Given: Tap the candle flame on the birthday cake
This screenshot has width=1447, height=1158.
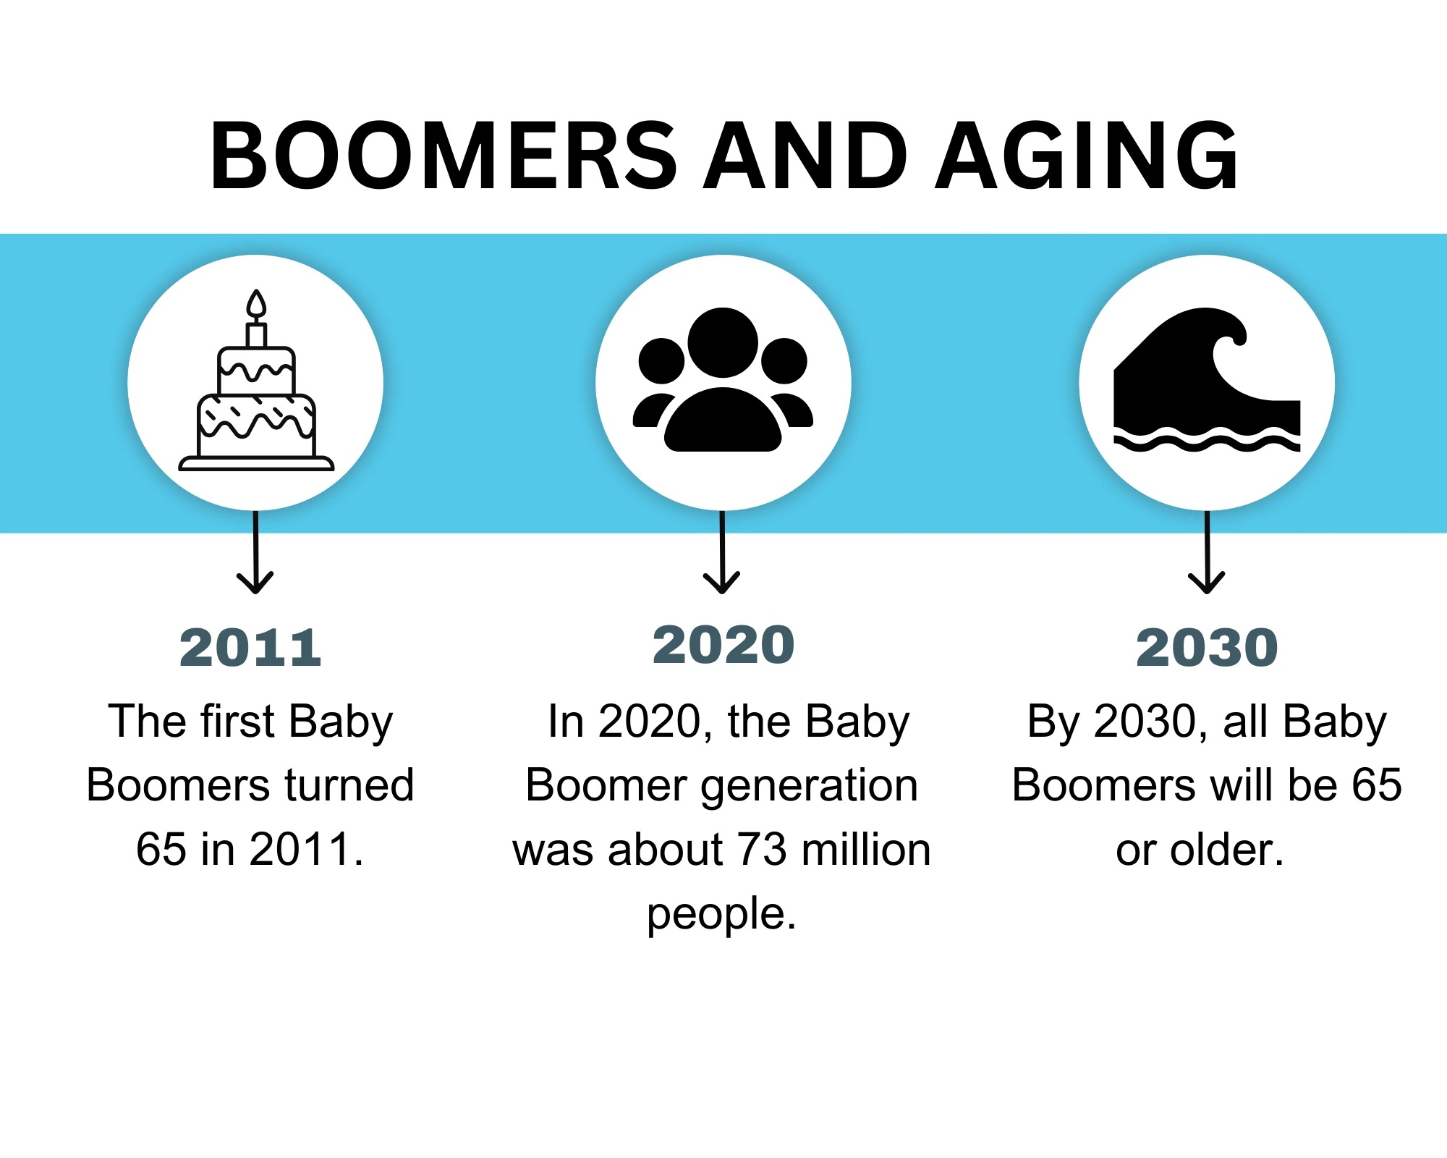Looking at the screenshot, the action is click(256, 304).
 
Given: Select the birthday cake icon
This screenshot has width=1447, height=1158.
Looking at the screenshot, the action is click(256, 380).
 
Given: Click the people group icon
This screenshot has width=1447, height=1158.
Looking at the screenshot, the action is click(723, 380).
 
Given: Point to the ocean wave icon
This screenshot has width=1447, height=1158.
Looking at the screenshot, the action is click(1207, 380).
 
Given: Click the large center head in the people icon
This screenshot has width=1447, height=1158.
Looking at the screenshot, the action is click(723, 342).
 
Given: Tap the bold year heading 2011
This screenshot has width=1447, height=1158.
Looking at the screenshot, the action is click(250, 648).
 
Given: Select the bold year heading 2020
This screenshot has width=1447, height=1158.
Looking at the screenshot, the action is click(723, 645).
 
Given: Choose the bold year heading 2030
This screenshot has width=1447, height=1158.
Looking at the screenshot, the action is click(1207, 648).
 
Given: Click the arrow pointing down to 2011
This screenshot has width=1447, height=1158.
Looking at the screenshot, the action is click(255, 551).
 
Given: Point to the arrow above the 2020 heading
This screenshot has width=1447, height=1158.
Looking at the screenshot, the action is click(722, 551).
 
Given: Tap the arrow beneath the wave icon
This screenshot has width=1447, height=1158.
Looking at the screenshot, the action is click(1207, 551).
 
